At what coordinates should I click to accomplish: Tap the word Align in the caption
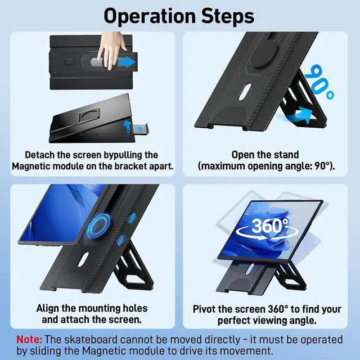point(51,308)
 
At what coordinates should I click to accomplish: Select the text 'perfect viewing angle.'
point(266,321)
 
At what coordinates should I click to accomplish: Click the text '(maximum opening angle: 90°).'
point(266,166)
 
